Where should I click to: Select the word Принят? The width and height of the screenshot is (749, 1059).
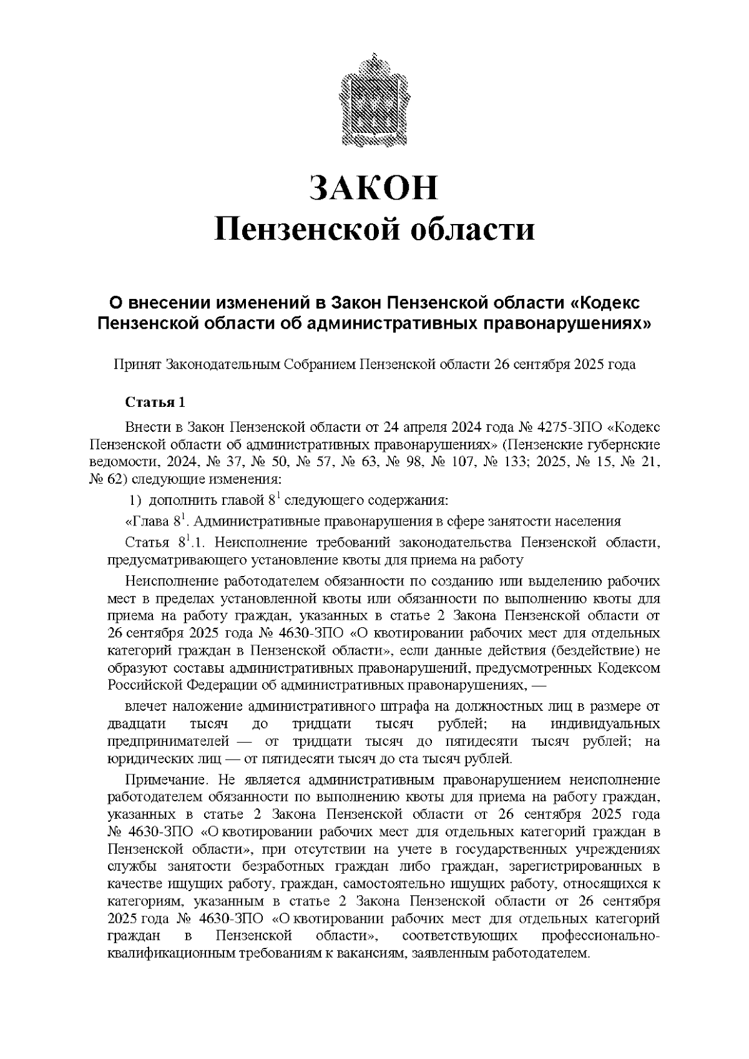[x=137, y=364]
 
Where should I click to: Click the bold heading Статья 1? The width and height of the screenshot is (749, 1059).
[x=155, y=401]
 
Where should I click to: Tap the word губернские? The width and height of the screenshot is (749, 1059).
[x=622, y=445]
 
